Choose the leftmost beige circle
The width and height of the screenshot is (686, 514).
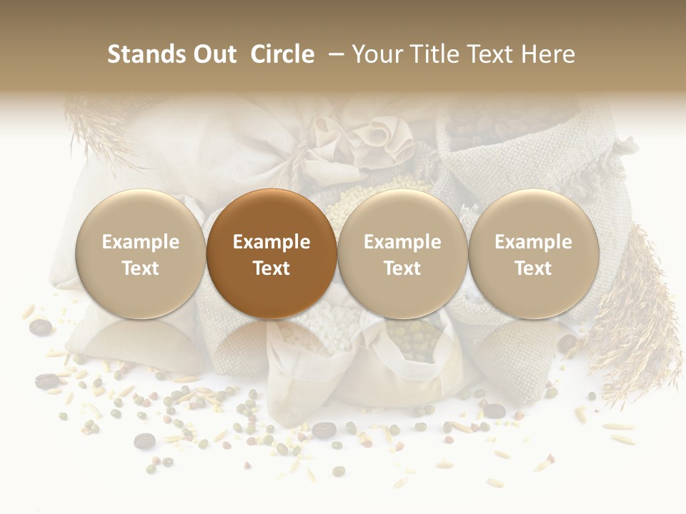pyautogui.click(x=140, y=254)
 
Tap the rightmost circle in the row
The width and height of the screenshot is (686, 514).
pyautogui.click(x=534, y=254)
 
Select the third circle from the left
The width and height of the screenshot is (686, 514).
pyautogui.click(x=402, y=254)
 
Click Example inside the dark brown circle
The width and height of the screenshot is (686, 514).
pyautogui.click(x=272, y=242)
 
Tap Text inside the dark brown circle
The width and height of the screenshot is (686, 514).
pyautogui.click(x=272, y=268)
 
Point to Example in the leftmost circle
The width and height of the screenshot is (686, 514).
pyautogui.click(x=140, y=242)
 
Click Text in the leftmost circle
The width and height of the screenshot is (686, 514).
pyautogui.click(x=140, y=268)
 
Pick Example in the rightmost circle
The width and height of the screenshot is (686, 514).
pyautogui.click(x=534, y=242)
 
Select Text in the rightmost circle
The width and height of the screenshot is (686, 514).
pyautogui.click(x=534, y=268)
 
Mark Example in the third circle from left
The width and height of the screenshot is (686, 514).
pyautogui.click(x=402, y=242)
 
